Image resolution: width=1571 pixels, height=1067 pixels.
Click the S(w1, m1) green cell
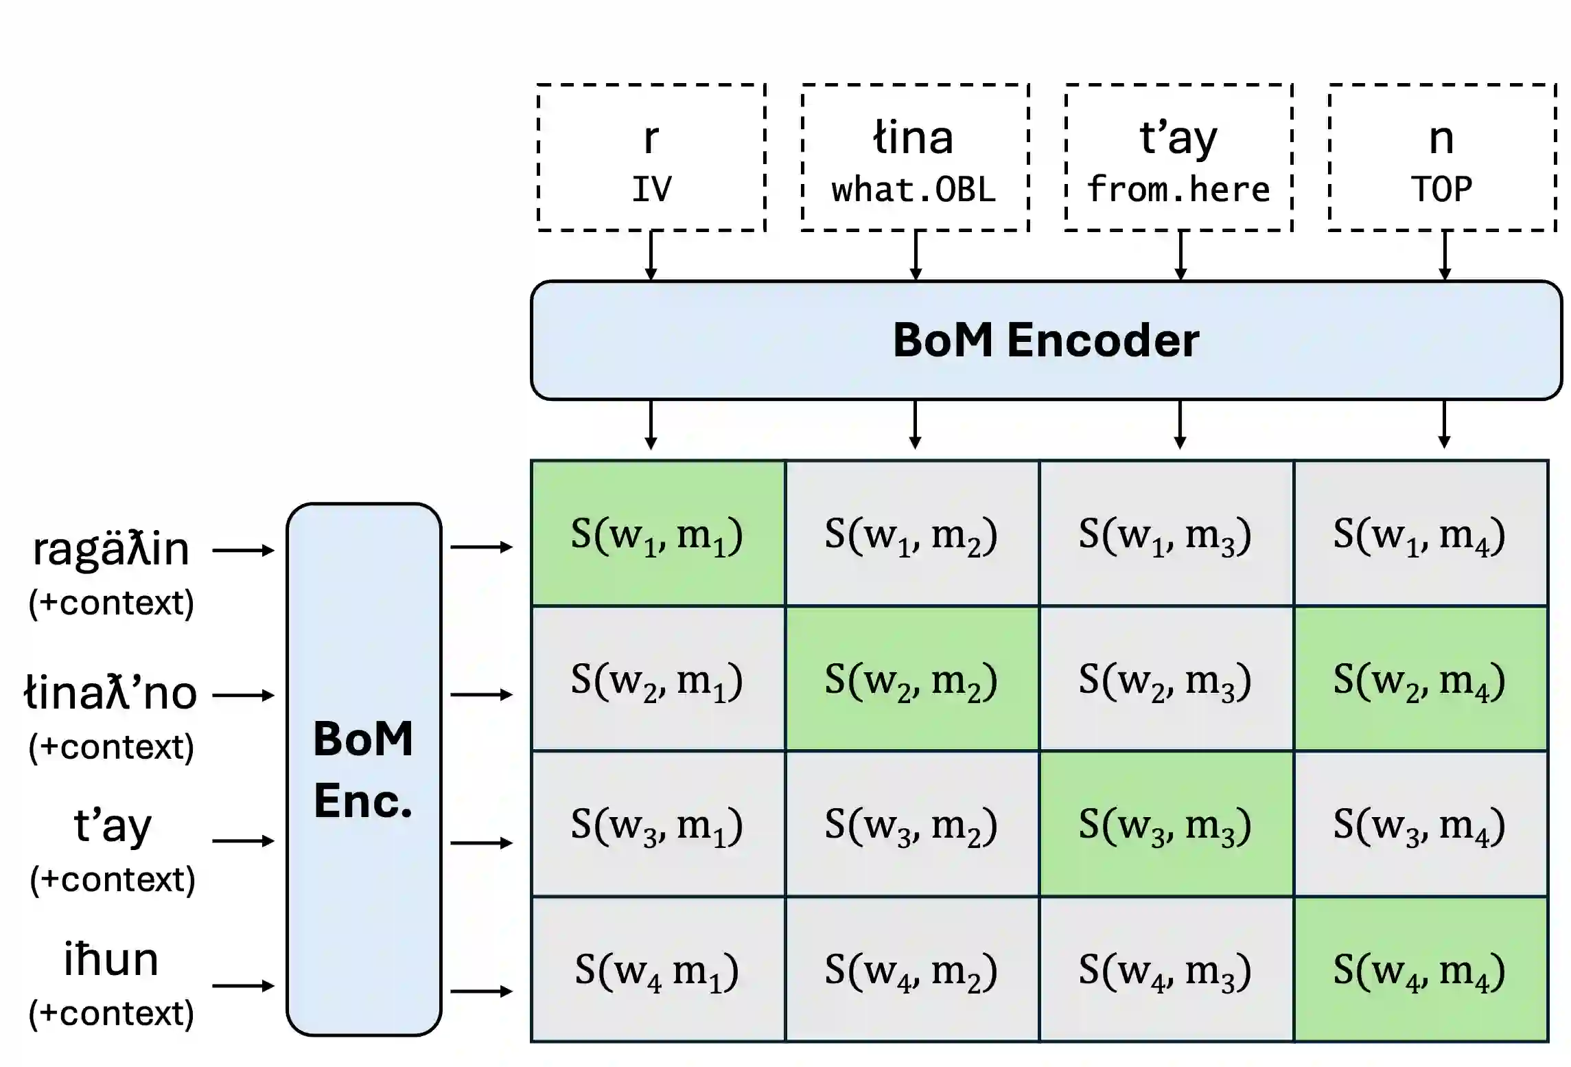tap(658, 533)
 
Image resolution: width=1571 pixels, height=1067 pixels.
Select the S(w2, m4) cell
tap(1421, 679)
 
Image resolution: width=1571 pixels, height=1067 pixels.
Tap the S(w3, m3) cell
tap(1167, 824)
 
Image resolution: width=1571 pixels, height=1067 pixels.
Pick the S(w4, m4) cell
tap(1421, 970)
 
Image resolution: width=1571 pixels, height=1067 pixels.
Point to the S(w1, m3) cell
tap(1167, 533)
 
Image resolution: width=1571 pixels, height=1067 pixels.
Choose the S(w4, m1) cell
tap(658, 970)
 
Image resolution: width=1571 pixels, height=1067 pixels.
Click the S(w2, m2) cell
tap(912, 679)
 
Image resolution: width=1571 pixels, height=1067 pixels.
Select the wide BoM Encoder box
tap(1046, 340)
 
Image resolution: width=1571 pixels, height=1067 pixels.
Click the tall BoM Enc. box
tap(364, 769)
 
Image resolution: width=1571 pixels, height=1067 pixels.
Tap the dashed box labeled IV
tap(651, 158)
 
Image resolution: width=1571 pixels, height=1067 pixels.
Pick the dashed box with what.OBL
tap(915, 158)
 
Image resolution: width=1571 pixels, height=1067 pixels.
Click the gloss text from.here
tap(1178, 189)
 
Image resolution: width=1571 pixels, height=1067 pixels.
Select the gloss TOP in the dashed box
tap(1442, 189)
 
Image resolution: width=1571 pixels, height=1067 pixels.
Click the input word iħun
tap(111, 959)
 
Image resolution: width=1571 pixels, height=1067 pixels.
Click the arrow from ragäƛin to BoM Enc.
tap(244, 550)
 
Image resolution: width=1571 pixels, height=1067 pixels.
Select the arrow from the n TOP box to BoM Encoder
tap(1444, 255)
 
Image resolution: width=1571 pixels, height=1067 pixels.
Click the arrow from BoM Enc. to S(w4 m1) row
tap(482, 991)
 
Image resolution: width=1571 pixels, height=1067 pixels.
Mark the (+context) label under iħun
tap(111, 1013)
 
